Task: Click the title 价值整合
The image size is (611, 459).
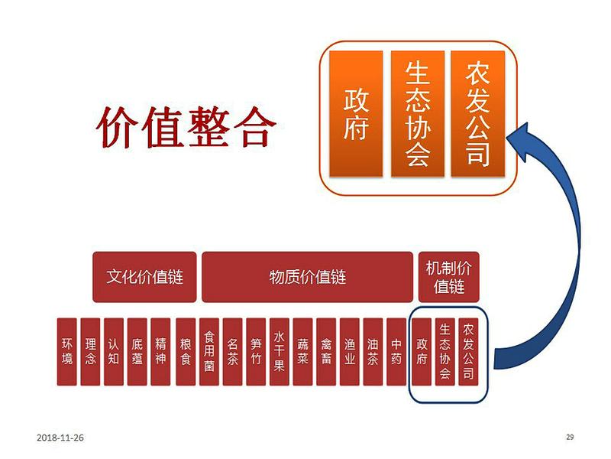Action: pyautogui.click(x=186, y=127)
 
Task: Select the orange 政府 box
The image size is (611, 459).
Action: pyautogui.click(x=356, y=113)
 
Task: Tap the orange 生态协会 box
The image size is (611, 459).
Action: pyautogui.click(x=417, y=113)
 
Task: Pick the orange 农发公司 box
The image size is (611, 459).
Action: pyautogui.click(x=478, y=113)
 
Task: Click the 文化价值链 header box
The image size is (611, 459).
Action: pyautogui.click(x=144, y=277)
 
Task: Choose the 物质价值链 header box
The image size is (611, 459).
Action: pyautogui.click(x=308, y=277)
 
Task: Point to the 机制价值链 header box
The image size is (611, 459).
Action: pyautogui.click(x=448, y=277)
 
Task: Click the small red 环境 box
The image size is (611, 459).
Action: pyautogui.click(x=67, y=352)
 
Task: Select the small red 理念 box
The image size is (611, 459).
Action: pyautogui.click(x=90, y=352)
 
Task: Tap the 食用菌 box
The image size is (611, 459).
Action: pyautogui.click(x=209, y=352)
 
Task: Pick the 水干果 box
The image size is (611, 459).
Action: pyautogui.click(x=280, y=352)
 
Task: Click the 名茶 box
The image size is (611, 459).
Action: pyautogui.click(x=233, y=352)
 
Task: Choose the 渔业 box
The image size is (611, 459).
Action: pyautogui.click(x=350, y=352)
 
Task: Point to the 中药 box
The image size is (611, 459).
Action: pyautogui.click(x=396, y=352)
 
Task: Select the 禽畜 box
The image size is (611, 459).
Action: pyautogui.click(x=326, y=352)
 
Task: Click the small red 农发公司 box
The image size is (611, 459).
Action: pyautogui.click(x=468, y=352)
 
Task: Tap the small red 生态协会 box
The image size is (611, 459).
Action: pyautogui.click(x=445, y=352)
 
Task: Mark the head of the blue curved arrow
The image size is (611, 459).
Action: pyautogui.click(x=506, y=138)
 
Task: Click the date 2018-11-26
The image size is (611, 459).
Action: pyautogui.click(x=60, y=438)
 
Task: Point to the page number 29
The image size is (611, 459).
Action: pyautogui.click(x=570, y=437)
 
